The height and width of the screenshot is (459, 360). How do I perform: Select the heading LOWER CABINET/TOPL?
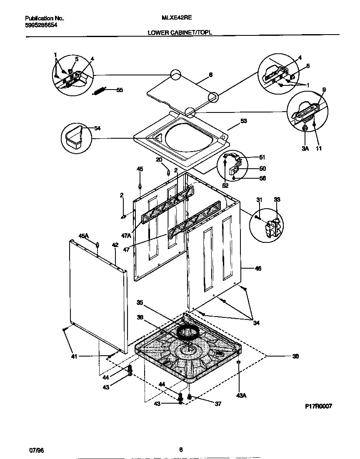coord(180,32)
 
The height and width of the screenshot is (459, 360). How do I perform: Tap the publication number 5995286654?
coord(41,25)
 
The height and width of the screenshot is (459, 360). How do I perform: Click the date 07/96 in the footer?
coord(36,450)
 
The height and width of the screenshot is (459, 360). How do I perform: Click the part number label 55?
coord(120,90)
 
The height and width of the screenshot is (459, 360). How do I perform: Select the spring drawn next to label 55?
coord(100,90)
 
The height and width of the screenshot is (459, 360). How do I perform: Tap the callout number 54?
coord(97,128)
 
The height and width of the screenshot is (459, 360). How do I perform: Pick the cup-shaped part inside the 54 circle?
coord(74,138)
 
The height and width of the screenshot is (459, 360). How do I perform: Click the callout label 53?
coord(244,121)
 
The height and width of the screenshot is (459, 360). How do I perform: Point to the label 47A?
coord(126,235)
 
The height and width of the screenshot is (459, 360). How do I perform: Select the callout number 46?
coord(258,269)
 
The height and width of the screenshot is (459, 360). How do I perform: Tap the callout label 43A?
coord(242,395)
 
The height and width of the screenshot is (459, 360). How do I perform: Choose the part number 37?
coord(217,404)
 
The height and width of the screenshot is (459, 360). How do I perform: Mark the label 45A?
coord(84,236)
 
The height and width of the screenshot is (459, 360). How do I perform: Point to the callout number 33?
coord(277,200)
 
